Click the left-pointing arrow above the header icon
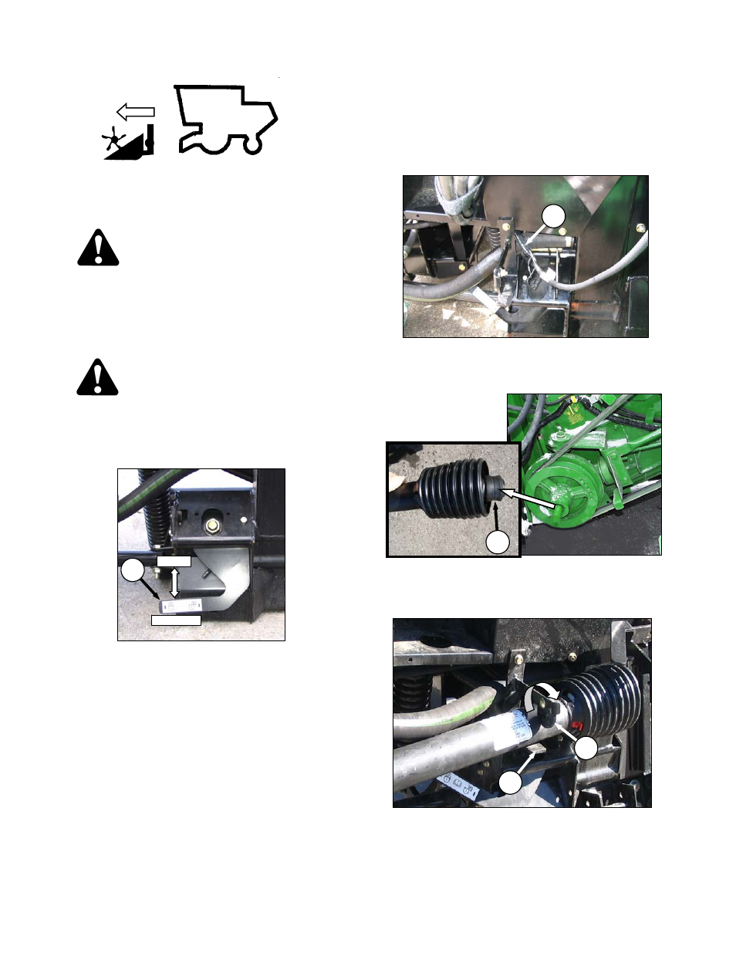[137, 112]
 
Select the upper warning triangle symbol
[98, 248]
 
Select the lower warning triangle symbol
[98, 377]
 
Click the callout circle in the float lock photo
[133, 571]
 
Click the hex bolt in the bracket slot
[212, 526]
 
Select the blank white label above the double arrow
[174, 561]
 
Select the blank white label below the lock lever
[176, 620]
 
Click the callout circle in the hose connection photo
[553, 217]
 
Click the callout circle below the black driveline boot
[498, 542]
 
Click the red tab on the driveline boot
[577, 726]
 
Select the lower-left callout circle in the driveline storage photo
[510, 783]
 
